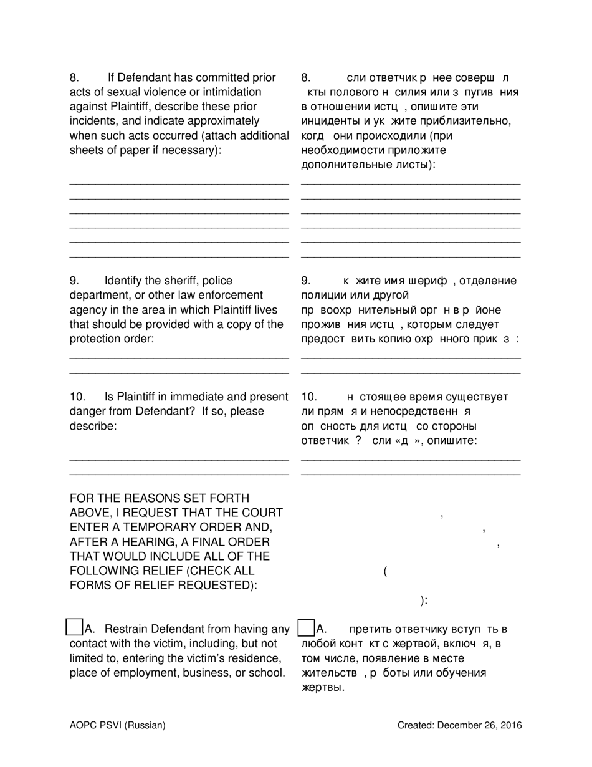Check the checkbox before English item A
tap(74, 627)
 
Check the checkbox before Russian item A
tap(306, 627)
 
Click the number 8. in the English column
tap(74, 78)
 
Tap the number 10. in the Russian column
tap(310, 397)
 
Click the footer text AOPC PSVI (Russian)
tap(118, 725)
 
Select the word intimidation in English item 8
tap(213, 92)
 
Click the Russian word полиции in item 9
tap(322, 296)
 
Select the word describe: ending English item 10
tap(93, 426)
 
